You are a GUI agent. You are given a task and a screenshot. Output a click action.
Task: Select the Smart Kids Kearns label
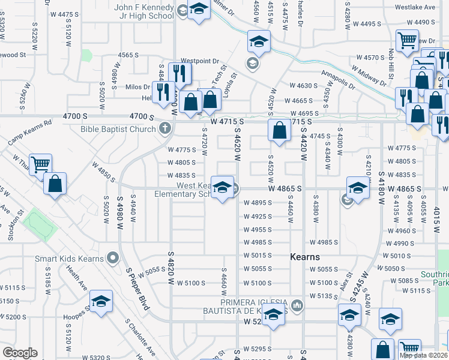(x=67, y=259)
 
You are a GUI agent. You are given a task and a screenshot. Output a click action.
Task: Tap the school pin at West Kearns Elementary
(x=222, y=189)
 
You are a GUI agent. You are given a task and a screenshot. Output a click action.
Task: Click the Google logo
(x=20, y=353)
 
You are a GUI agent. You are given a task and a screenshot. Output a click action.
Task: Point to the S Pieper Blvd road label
(x=137, y=288)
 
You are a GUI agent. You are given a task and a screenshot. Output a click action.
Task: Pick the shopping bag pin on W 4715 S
(x=279, y=131)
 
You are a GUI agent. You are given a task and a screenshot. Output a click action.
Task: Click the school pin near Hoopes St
(x=101, y=301)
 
